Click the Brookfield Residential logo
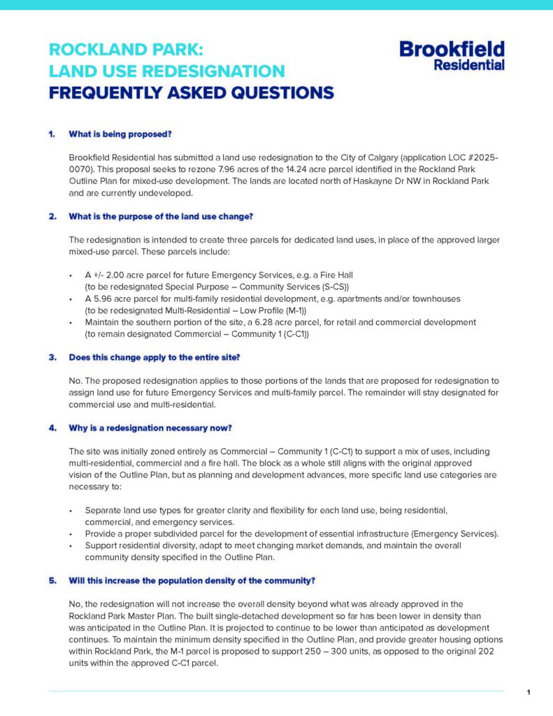[x=452, y=55]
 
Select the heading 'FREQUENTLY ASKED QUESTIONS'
[x=191, y=92]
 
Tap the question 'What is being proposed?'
[x=120, y=134]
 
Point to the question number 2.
[x=52, y=216]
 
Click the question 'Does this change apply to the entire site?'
[x=155, y=357]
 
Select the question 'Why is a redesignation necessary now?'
[x=150, y=428]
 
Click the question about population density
[x=192, y=580]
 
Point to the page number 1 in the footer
[x=529, y=692]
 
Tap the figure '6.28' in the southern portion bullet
[x=294, y=322]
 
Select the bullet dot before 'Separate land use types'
[x=72, y=510]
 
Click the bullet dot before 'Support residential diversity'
[x=72, y=545]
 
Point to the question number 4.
[x=52, y=428]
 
